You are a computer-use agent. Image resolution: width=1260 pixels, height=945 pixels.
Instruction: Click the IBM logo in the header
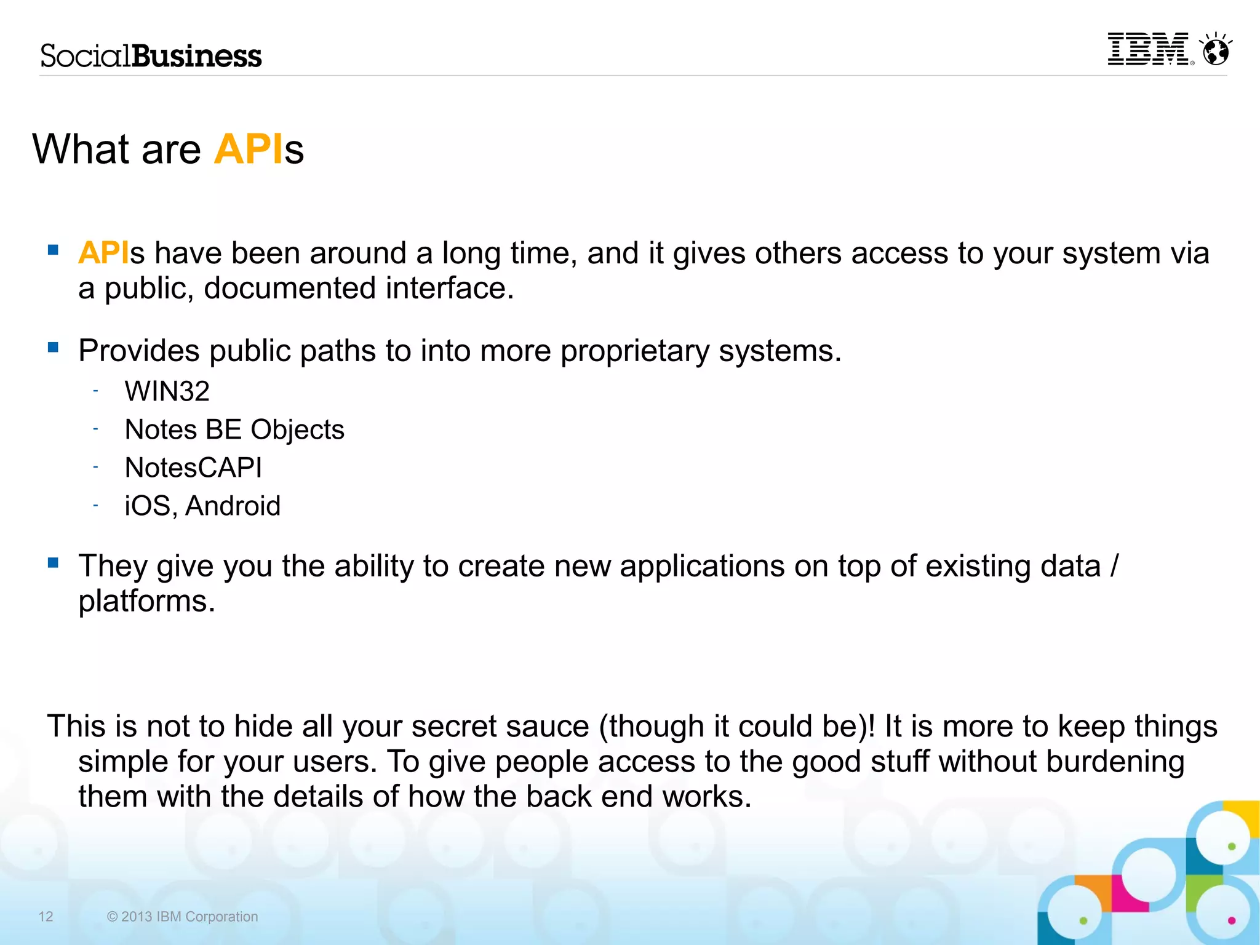point(1149,49)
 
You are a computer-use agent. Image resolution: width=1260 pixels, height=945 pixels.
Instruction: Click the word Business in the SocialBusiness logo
point(197,57)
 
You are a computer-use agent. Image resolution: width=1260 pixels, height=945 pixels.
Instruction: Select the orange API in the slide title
point(249,150)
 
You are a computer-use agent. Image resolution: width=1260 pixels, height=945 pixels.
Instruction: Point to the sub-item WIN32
point(167,391)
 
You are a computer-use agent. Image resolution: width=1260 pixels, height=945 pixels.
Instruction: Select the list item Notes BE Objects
point(234,429)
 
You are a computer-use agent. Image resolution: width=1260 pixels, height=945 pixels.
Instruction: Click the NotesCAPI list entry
point(193,468)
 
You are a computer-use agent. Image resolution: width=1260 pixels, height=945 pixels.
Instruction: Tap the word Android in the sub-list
point(233,506)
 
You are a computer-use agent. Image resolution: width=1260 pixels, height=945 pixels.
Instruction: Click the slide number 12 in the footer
point(46,917)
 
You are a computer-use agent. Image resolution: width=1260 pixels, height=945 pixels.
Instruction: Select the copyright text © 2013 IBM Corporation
point(182,917)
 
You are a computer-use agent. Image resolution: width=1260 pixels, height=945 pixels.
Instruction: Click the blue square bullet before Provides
point(54,348)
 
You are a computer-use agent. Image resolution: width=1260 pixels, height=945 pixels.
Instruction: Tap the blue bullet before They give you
point(54,562)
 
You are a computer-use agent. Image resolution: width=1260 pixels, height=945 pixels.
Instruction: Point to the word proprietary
point(635,351)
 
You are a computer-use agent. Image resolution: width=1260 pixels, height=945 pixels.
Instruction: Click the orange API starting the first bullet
point(103,253)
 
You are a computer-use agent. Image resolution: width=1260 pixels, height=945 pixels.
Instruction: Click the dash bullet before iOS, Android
point(96,506)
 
